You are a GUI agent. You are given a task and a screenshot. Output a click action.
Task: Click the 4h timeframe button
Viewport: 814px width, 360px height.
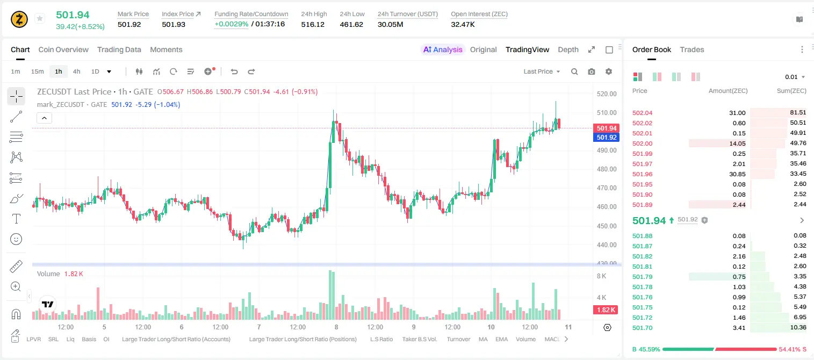pos(76,71)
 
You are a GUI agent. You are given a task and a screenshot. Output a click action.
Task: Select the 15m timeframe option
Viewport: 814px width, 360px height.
pos(37,71)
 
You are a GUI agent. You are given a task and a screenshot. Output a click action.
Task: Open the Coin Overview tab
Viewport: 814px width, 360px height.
pos(63,49)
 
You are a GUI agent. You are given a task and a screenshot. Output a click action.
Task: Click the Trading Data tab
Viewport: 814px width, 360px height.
pos(119,49)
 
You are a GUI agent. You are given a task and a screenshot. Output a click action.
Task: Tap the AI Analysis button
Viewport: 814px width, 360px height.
pos(443,49)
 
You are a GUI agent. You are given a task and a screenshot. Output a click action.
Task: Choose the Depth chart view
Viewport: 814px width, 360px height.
pos(568,49)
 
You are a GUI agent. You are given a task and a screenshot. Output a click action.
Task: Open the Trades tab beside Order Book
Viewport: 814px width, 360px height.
pos(692,49)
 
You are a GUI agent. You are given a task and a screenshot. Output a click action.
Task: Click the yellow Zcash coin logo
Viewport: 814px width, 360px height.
pos(19,19)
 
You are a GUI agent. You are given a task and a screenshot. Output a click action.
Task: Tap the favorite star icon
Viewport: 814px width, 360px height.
pos(40,18)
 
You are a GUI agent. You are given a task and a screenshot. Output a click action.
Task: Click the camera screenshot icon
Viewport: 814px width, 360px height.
pos(592,71)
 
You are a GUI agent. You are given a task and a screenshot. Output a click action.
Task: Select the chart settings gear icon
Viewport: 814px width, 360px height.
pos(609,71)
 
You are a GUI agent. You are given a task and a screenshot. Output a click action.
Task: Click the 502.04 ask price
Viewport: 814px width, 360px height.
pos(642,113)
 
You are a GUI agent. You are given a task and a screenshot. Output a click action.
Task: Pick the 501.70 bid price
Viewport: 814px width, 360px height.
pos(642,328)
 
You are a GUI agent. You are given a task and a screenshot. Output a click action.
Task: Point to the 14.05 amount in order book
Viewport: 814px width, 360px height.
pos(737,143)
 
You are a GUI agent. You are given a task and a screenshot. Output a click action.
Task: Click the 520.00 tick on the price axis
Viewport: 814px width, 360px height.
pos(607,93)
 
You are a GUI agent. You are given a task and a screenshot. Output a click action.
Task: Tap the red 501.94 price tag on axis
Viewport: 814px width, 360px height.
pos(606,128)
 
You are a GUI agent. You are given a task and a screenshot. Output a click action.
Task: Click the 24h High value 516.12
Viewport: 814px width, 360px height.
pos(313,24)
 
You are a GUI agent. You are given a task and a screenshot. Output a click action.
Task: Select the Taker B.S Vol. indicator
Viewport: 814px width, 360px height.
pos(419,339)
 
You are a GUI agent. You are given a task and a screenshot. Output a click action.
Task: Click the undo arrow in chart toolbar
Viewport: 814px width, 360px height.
pos(234,71)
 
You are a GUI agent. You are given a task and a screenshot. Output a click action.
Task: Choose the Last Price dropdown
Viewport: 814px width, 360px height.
pos(542,71)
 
